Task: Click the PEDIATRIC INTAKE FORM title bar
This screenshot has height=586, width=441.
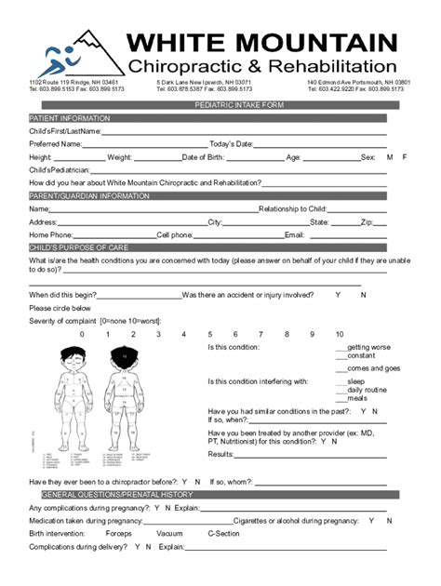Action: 220,105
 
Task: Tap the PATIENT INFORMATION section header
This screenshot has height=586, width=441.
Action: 70,119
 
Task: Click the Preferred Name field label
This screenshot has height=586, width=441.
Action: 55,144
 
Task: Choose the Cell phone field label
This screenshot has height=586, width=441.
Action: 175,235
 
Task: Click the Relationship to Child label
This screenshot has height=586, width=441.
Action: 292,209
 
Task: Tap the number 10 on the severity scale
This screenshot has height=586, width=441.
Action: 339,334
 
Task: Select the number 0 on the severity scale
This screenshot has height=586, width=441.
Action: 82,334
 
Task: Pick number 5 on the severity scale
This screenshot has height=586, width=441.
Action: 210,334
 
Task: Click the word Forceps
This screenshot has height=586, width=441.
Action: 119,534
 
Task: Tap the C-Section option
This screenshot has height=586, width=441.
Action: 223,534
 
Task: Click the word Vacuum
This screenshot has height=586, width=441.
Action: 169,534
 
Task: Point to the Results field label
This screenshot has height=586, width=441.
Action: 220,454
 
